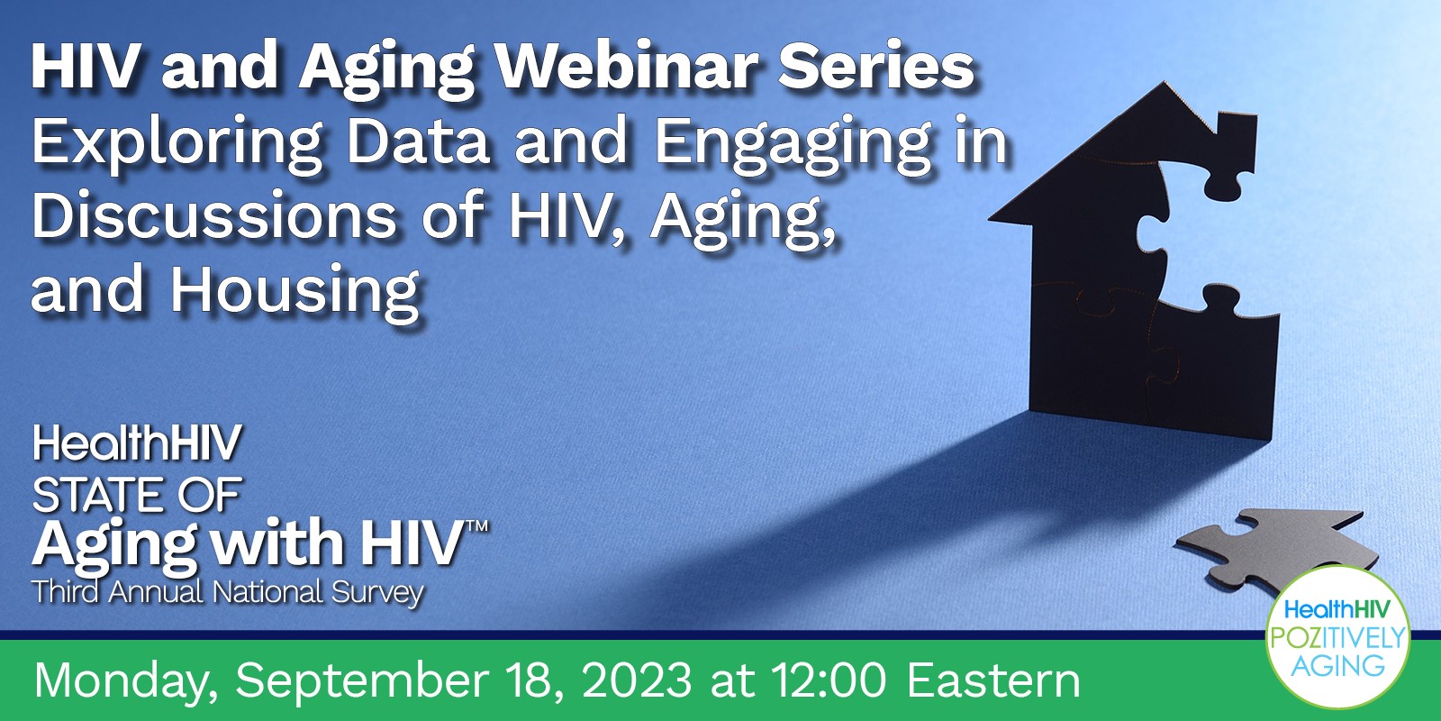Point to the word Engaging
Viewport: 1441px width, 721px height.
click(x=793, y=145)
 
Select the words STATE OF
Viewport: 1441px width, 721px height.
click(x=137, y=495)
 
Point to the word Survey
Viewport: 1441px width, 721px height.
click(x=377, y=593)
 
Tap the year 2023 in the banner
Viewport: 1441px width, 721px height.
click(x=637, y=680)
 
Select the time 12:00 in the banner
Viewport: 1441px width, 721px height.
click(x=829, y=680)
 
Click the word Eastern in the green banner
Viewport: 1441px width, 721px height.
click(x=994, y=680)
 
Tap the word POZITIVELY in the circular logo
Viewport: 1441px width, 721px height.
click(x=1337, y=638)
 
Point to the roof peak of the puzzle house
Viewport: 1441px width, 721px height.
click(x=1165, y=83)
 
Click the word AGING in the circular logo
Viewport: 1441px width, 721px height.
click(x=1338, y=665)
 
